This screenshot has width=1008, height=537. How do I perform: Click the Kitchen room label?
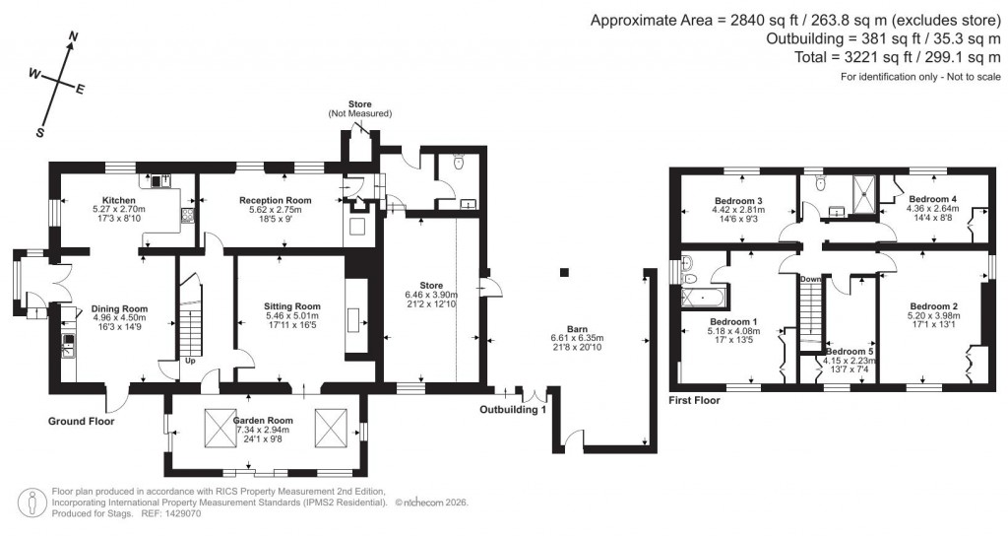point(118,198)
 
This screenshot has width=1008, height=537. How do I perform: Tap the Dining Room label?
point(119,308)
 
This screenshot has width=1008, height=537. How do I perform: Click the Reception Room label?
point(276,200)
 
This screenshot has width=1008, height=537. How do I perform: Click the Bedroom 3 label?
point(738,201)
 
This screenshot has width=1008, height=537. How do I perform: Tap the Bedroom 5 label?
point(849,351)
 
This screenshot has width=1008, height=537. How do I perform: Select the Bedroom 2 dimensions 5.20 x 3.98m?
point(933,316)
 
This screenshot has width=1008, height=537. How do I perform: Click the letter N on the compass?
point(73,37)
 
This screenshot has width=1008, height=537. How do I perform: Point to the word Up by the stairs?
point(190,361)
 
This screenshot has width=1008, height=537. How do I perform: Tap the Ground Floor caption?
point(82,421)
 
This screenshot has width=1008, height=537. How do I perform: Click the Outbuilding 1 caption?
point(513,410)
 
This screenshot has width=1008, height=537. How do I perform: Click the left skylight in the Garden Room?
point(219,426)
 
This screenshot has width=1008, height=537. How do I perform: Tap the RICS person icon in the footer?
point(35,502)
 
